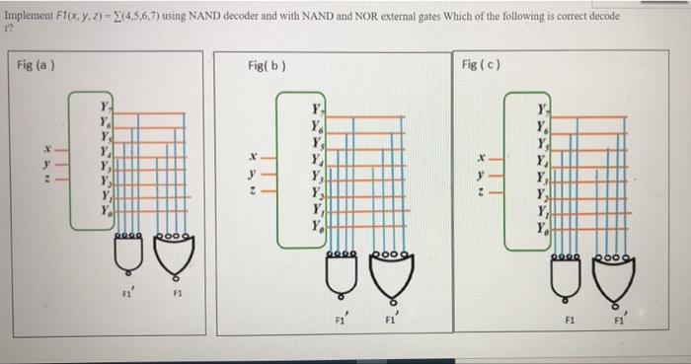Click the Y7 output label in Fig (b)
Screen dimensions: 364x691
click(316, 109)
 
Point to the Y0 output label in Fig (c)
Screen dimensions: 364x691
click(541, 226)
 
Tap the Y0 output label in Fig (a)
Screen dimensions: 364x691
click(105, 210)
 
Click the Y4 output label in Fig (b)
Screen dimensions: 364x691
click(316, 159)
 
